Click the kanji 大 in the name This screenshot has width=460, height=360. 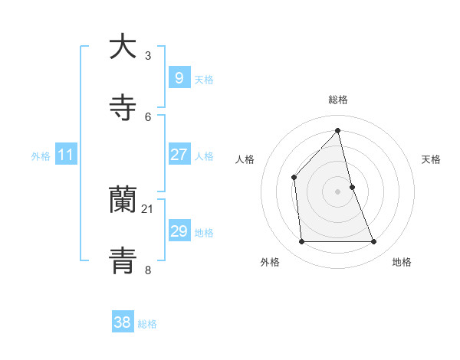pyautogui.click(x=123, y=47)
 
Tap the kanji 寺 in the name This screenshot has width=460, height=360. pyautogui.click(x=123, y=108)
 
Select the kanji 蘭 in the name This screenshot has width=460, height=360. pyautogui.click(x=123, y=201)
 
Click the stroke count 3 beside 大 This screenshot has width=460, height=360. pyautogui.click(x=148, y=55)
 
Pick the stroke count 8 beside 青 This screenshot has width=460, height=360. pyautogui.click(x=148, y=270)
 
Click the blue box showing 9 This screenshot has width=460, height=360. pyautogui.click(x=179, y=78)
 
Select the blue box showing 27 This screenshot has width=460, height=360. pyautogui.click(x=179, y=155)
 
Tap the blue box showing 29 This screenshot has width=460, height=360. pyautogui.click(x=179, y=231)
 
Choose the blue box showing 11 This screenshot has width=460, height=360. pyautogui.click(x=66, y=155)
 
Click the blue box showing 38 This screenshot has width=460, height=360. pyautogui.click(x=123, y=322)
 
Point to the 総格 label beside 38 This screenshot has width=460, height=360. pyautogui.click(x=147, y=324)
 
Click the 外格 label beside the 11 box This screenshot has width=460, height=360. pyautogui.click(x=41, y=156)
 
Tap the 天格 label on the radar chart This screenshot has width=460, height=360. pyautogui.click(x=432, y=159)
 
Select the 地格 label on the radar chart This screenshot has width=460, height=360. pyautogui.click(x=402, y=262)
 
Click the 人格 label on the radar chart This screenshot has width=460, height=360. pyautogui.click(x=245, y=159)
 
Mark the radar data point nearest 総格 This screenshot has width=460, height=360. pyautogui.click(x=337, y=130)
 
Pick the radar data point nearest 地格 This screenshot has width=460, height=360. pyautogui.click(x=374, y=242)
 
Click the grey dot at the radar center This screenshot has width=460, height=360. pyautogui.click(x=337, y=191)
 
